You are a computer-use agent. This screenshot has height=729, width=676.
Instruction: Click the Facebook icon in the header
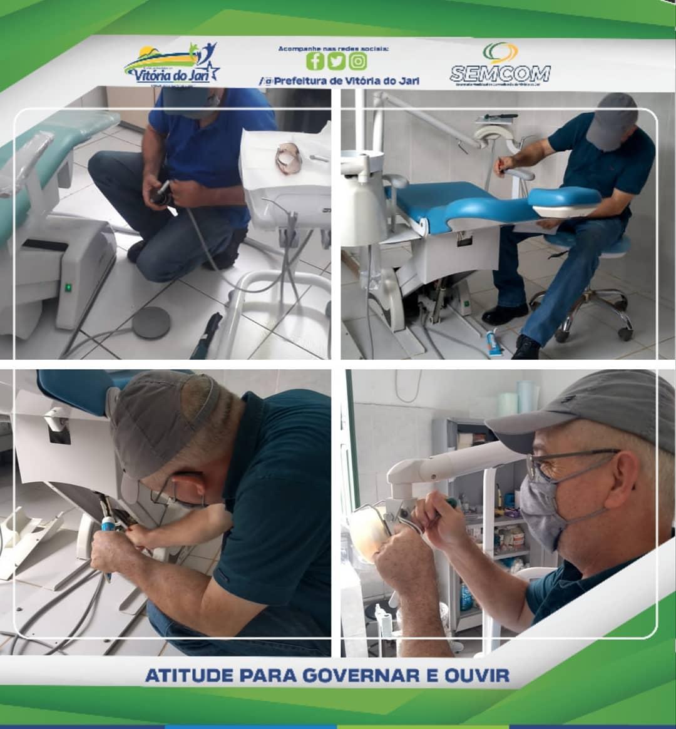tap(315, 61)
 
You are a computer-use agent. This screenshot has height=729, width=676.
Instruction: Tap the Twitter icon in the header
tap(337, 61)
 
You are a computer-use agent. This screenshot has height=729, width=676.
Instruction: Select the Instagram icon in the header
tap(358, 61)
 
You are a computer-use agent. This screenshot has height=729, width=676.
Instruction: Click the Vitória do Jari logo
tap(172, 63)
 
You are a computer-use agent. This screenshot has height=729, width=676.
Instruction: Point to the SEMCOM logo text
tap(500, 73)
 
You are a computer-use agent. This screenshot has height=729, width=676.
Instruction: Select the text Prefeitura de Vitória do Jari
tap(346, 81)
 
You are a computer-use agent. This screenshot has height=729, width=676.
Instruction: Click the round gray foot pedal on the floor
tap(151, 322)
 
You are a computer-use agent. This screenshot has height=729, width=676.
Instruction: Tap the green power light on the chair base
tap(69, 287)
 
